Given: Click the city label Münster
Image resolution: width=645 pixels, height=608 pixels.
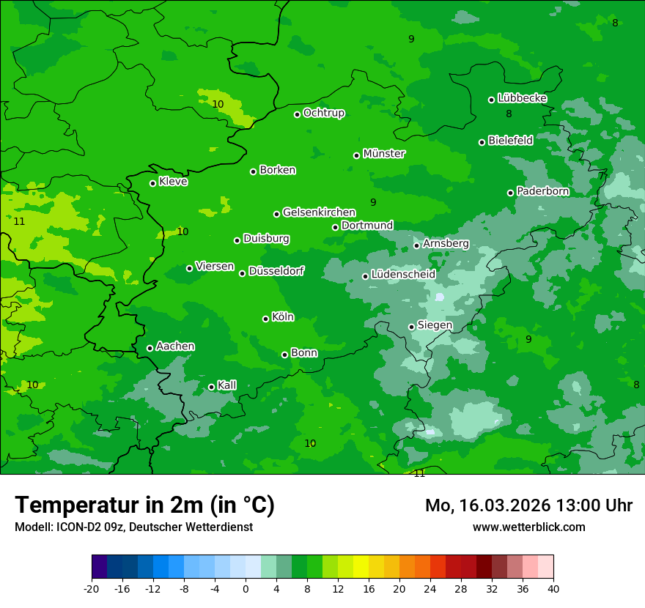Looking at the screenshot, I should click(384, 154).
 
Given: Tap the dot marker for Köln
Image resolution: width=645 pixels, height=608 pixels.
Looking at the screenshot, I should click(265, 319).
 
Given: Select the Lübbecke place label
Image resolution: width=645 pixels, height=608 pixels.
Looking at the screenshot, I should click(522, 98).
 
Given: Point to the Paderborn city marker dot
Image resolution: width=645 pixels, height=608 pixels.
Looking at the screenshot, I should click(511, 193).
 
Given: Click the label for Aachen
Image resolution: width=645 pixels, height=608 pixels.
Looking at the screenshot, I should click(175, 346).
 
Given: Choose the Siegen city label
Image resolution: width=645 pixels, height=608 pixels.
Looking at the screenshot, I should click(435, 325).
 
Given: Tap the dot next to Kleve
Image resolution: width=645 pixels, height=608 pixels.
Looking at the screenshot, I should click(152, 183).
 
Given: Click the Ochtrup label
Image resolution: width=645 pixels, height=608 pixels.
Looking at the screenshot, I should click(324, 113).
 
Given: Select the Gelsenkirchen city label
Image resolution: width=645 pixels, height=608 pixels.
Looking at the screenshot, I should click(319, 212).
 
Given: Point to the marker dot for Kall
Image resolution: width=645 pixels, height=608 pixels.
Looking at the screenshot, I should click(211, 387).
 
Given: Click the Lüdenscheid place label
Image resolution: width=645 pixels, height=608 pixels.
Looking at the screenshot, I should click(403, 275).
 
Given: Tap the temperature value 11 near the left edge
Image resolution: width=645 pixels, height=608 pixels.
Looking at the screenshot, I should click(19, 221).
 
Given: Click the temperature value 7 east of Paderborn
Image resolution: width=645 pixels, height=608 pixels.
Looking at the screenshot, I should click(601, 177).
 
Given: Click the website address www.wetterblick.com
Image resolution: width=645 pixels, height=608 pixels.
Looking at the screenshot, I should click(528, 527).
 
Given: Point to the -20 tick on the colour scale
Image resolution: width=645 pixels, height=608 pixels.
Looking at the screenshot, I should click(92, 589).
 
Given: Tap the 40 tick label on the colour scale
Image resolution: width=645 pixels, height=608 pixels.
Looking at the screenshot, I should click(553, 589).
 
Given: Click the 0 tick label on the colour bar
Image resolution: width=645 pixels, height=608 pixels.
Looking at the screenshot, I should click(246, 589).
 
